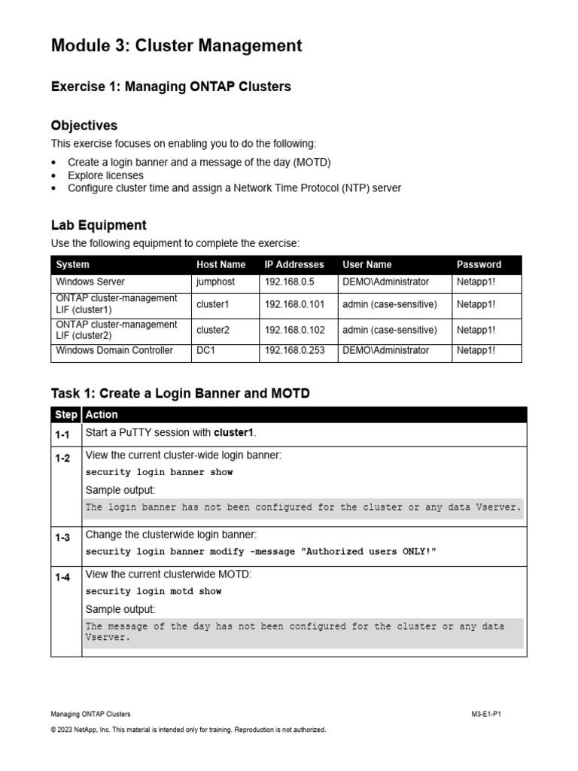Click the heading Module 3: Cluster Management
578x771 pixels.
[x=176, y=46]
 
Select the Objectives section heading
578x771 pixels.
[x=84, y=125]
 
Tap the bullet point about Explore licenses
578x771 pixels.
[x=105, y=175]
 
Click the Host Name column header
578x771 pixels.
[x=221, y=264]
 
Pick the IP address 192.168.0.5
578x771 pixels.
[x=289, y=282]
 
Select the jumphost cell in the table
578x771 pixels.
[x=215, y=282]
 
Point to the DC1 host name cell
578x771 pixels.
[x=205, y=350]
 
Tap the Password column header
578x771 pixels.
[x=479, y=264]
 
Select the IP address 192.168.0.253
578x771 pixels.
[x=294, y=350]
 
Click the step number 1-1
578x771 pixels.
[x=62, y=434]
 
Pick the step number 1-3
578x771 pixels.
[x=62, y=538]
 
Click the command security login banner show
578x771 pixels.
[x=159, y=472]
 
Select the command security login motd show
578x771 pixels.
[x=154, y=591]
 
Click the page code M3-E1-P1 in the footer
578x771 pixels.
[x=486, y=713]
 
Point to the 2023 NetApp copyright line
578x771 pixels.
[x=188, y=730]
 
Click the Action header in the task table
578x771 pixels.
[x=102, y=415]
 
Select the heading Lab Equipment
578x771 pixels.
[x=99, y=225]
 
